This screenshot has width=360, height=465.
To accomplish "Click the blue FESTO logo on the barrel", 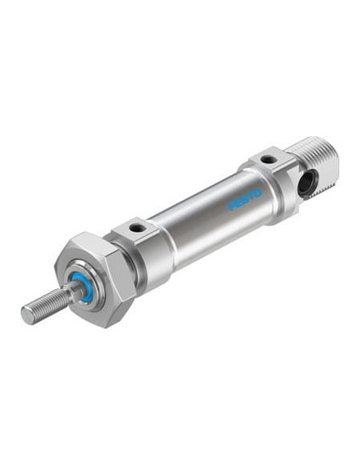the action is [245, 200].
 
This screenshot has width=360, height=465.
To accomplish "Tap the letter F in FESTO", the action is [231, 206].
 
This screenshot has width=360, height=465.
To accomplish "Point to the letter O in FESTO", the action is [258, 193].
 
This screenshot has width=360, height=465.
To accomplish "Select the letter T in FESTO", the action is [252, 197].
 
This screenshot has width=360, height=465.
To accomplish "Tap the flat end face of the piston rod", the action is [28, 315].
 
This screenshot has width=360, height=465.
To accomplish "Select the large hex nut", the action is [95, 279].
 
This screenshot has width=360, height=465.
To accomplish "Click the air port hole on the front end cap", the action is [137, 229].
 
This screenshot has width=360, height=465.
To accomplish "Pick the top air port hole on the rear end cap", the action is [269, 160].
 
